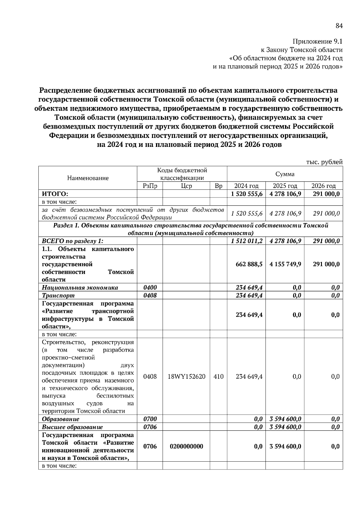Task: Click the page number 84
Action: click(x=339, y=26)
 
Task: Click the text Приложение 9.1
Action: click(x=317, y=41)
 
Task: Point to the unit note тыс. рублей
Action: click(x=324, y=162)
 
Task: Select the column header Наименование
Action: click(x=88, y=178)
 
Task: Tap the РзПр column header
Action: click(x=150, y=186)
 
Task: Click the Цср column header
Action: click(x=186, y=186)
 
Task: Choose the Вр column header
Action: click(x=218, y=186)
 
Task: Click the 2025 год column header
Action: click(x=285, y=186)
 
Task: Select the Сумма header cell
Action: click(x=285, y=174)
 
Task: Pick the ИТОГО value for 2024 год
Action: click(x=247, y=194)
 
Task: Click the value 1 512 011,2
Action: click(x=247, y=241)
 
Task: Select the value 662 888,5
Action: click(x=249, y=264)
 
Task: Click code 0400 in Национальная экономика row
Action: click(x=150, y=287)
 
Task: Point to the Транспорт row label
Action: click(x=58, y=296)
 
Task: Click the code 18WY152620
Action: click(x=186, y=377)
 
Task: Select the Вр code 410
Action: click(x=218, y=377)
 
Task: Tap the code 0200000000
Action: click(x=186, y=446)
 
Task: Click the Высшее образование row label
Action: click(x=72, y=427)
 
